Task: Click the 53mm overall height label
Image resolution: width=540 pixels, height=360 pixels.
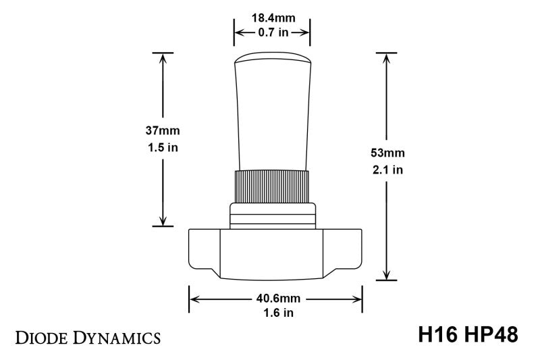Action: [386, 153]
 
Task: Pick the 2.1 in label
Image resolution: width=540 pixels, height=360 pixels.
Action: [386, 170]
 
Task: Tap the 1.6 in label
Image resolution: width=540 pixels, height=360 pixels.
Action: [275, 313]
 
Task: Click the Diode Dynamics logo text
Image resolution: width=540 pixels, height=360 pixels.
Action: [88, 336]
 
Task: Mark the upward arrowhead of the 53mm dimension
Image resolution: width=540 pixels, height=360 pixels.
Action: [386, 57]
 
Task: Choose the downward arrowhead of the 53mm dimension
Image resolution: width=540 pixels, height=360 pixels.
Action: [386, 274]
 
